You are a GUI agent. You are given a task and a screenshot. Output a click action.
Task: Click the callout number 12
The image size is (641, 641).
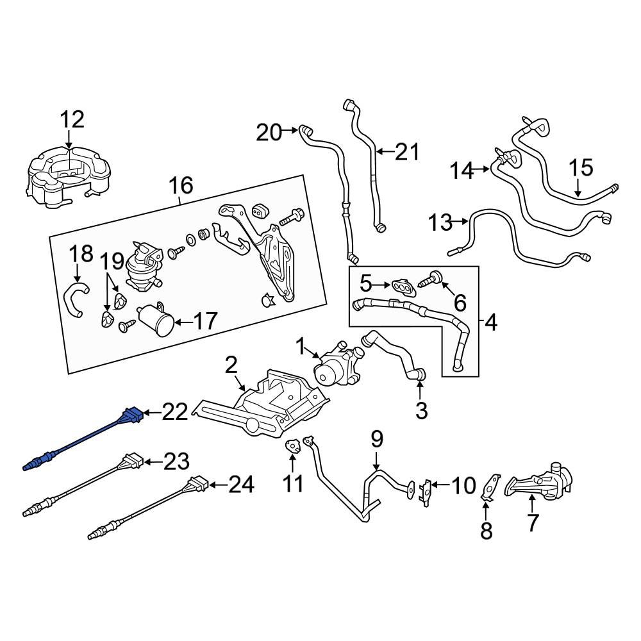pyautogui.click(x=72, y=119)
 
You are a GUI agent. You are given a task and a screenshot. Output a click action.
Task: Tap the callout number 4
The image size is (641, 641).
pyautogui.click(x=490, y=323)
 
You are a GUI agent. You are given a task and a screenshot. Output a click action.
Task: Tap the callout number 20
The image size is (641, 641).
pyautogui.click(x=269, y=133)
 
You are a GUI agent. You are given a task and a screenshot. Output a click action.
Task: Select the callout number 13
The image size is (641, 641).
pyautogui.click(x=440, y=223)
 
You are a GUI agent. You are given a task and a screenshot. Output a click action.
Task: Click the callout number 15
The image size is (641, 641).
pyautogui.click(x=581, y=169)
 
